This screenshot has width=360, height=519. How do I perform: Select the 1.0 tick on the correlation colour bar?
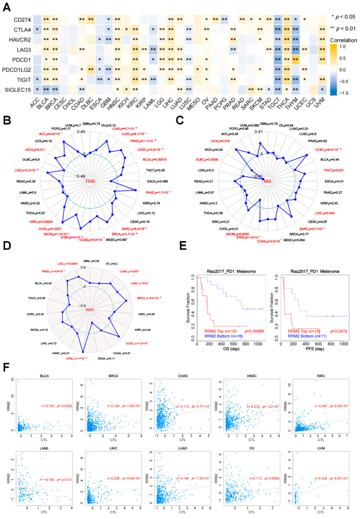pyautogui.click(x=353, y=47)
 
